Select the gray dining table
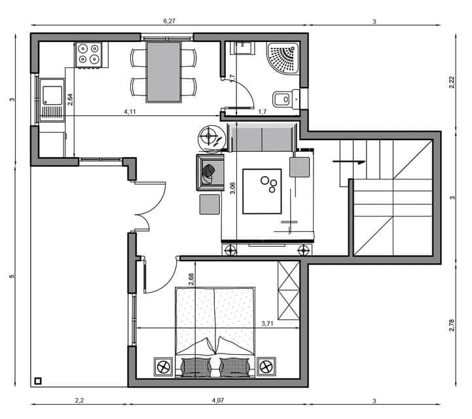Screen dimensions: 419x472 pos(163,71)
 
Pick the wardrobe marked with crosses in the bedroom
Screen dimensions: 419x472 pos(288,290)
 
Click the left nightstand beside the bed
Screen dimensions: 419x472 pos(163,366)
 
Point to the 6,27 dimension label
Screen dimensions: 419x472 pos(168,21)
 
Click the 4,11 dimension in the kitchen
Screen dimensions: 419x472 pos(130,112)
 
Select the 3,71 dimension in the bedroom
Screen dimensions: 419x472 pos(268,323)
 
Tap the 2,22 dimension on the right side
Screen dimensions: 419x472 pos(452,81)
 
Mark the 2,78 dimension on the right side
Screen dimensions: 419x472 pos(452,325)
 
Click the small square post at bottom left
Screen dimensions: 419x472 pos(39,380)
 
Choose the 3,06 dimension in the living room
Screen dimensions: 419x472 pos(232,188)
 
